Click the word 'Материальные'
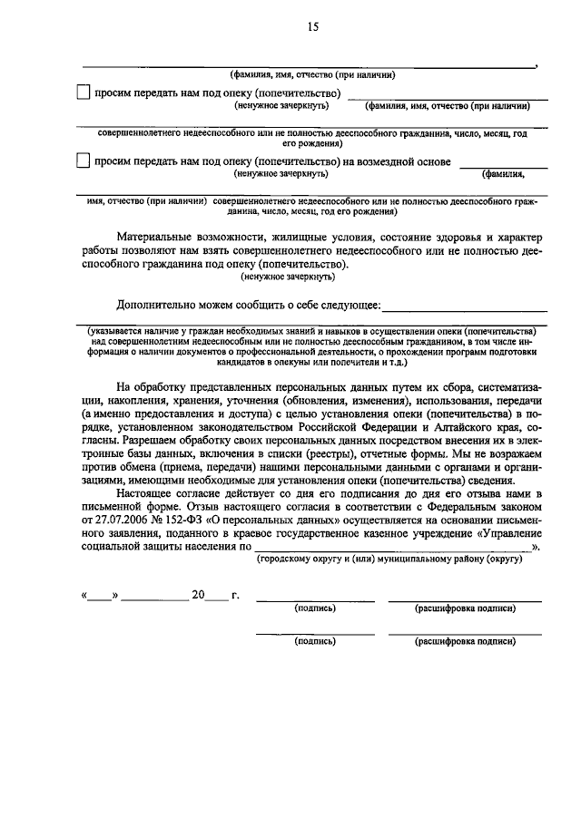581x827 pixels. tap(158, 238)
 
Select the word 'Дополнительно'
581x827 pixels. tap(157, 306)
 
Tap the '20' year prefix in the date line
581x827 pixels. tap(197, 596)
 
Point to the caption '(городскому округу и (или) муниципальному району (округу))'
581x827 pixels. tap(389, 562)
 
